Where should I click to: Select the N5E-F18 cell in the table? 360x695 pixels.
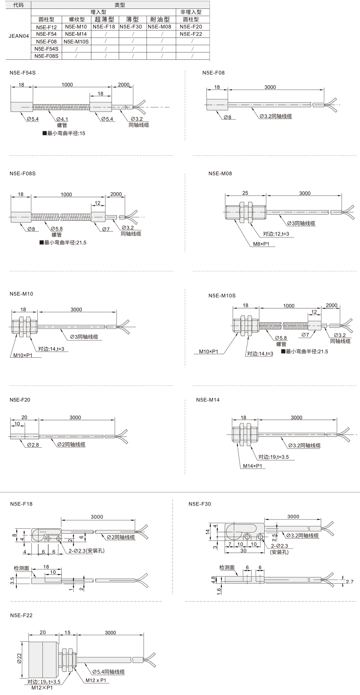coord(104,27)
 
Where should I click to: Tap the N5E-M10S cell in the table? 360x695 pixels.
coord(76,41)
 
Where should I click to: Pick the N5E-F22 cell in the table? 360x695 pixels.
coord(191,34)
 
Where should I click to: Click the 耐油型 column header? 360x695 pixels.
coord(161,19)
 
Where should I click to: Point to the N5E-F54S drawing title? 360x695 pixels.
coord(23,73)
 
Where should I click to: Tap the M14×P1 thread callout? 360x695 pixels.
coord(253,466)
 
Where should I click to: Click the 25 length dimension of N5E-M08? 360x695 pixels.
coord(245,193)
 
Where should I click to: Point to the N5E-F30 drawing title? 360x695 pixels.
coord(200,504)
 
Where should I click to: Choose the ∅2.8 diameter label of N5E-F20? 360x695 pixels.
coord(33,445)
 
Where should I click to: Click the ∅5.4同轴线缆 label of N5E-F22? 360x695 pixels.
coord(108,672)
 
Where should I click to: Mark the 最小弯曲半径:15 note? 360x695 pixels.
coord(64,133)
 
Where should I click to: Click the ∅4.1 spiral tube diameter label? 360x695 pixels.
coord(62,119)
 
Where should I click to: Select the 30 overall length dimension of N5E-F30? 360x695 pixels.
coord(243,550)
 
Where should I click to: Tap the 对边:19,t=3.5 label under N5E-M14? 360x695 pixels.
coord(274,457)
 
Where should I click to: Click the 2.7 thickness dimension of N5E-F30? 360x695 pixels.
coord(350,582)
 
